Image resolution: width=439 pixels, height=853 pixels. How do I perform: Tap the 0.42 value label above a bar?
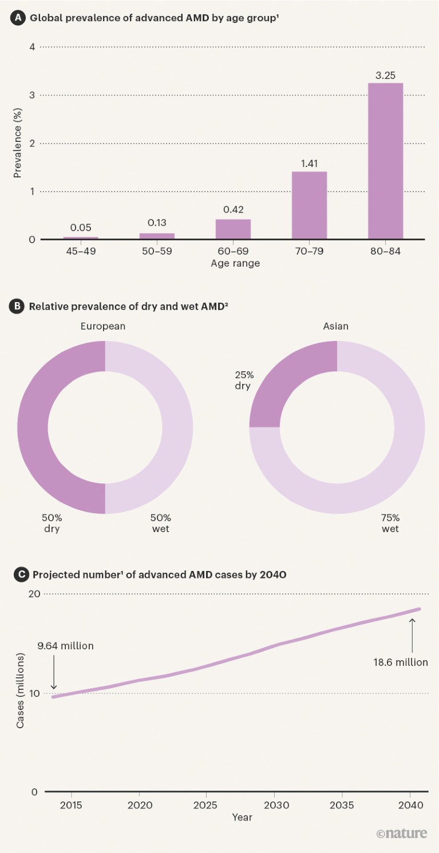233,209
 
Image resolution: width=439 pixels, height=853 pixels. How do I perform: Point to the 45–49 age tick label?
81,251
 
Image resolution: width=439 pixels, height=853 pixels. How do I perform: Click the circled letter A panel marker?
18,18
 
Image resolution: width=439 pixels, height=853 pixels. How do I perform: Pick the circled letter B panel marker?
18,306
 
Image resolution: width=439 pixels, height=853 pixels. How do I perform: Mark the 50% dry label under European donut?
52,523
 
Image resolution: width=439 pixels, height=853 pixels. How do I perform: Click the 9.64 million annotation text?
65,646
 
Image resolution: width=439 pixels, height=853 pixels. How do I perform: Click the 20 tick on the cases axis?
34,594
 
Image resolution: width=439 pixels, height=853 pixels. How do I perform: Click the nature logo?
402,834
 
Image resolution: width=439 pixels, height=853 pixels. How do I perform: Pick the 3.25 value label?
385,75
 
